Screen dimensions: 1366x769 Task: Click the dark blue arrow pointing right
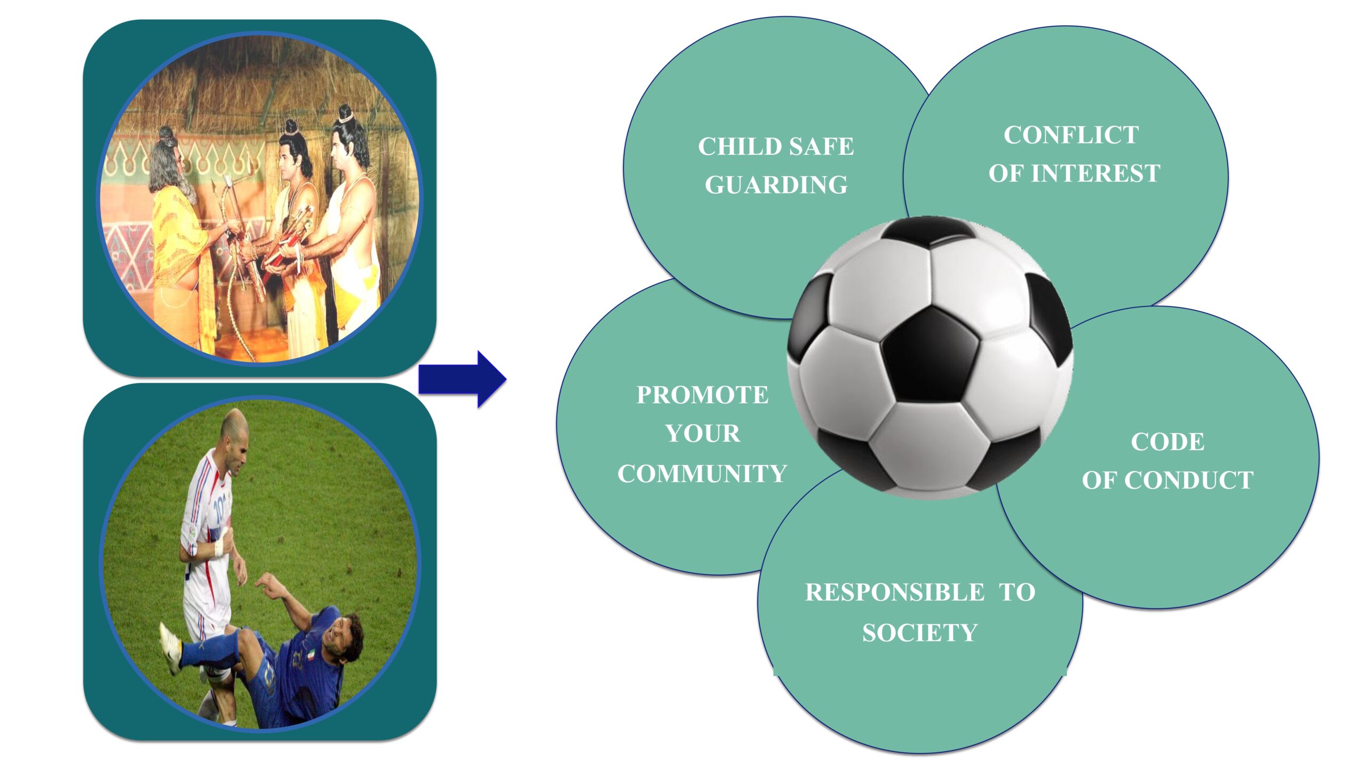(462, 379)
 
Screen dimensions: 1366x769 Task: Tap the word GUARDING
(776, 185)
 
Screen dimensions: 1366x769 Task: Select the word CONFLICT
(1071, 135)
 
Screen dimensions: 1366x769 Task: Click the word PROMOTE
(702, 395)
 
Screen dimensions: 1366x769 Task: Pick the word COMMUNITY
(702, 474)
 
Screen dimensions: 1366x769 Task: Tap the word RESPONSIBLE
(895, 592)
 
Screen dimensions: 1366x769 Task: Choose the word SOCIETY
(920, 633)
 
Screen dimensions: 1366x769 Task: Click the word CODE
(1168, 442)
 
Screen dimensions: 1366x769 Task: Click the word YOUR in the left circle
(703, 434)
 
